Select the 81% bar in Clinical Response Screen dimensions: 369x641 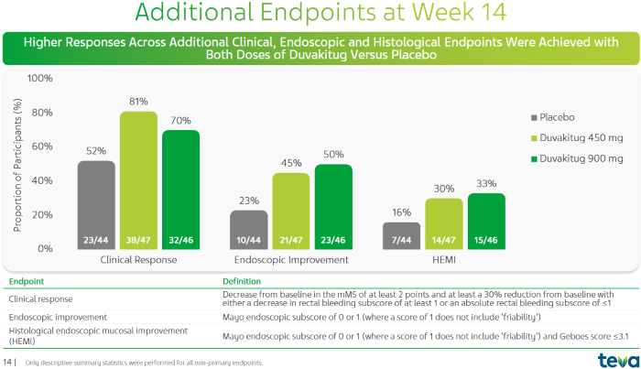(139, 179)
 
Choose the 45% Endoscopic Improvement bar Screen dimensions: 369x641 (291, 210)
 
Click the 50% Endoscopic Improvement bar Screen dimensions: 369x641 (332, 205)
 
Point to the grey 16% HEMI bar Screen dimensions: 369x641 (401, 234)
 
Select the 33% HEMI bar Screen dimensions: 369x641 (485, 220)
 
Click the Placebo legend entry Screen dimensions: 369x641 (555, 117)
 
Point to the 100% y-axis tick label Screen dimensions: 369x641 (40, 79)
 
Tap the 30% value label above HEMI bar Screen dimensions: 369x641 (443, 189)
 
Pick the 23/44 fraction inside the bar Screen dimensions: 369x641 (96, 240)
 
